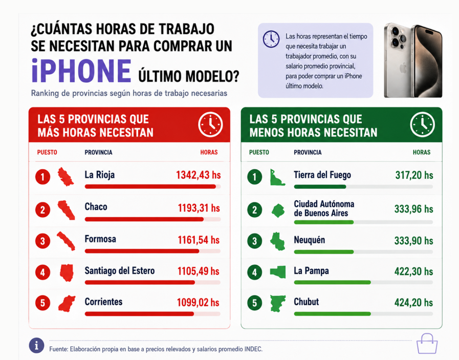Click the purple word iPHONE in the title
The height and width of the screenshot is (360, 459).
pyautogui.click(x=81, y=71)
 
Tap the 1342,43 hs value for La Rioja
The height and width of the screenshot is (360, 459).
pyautogui.click(x=198, y=175)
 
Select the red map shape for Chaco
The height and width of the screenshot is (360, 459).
pyautogui.click(x=66, y=210)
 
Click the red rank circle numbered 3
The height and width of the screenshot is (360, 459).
pyautogui.click(x=43, y=241)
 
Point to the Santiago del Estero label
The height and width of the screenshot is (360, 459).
pyautogui.click(x=120, y=271)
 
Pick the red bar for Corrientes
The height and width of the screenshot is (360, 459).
pyautogui.click(x=139, y=314)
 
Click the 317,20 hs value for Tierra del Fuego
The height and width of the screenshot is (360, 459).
pyautogui.click(x=414, y=175)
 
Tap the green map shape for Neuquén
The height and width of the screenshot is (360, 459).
pyautogui.click(x=277, y=241)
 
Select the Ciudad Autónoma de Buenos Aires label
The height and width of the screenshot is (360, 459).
pyautogui.click(x=324, y=208)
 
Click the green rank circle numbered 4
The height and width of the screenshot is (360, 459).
pyautogui.click(x=255, y=272)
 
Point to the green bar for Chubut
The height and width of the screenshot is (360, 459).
pyautogui.click(x=332, y=314)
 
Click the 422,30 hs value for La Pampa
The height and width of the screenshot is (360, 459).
pyautogui.click(x=413, y=271)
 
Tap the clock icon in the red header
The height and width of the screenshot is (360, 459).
pyautogui.click(x=210, y=124)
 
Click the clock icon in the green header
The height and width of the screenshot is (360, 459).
pyautogui.click(x=422, y=124)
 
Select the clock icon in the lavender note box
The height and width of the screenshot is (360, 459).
pyautogui.click(x=271, y=39)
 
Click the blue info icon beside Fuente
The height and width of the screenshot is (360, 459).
pyautogui.click(x=37, y=346)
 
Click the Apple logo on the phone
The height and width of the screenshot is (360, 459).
pyautogui.click(x=403, y=68)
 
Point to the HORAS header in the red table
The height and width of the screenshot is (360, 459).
pyautogui.click(x=209, y=152)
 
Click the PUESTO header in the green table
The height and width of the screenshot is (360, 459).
pyautogui.click(x=259, y=152)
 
